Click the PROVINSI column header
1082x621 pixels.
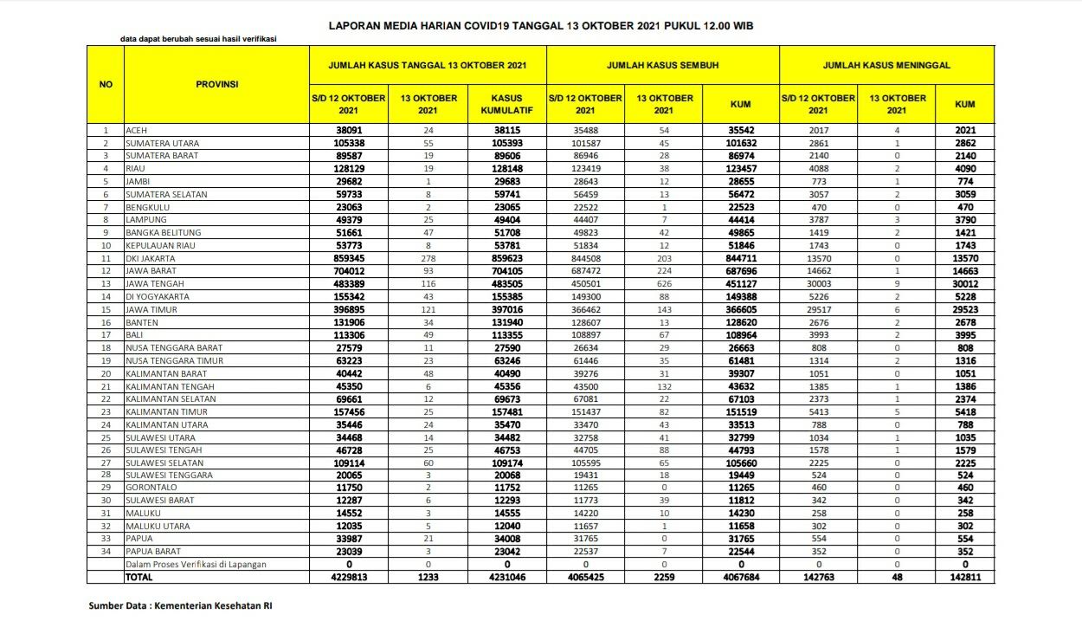pyautogui.click(x=216, y=84)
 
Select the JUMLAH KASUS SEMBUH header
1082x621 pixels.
pyautogui.click(x=662, y=65)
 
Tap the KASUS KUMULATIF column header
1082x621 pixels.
pyautogui.click(x=506, y=105)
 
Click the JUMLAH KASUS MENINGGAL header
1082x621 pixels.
pyautogui.click(x=886, y=65)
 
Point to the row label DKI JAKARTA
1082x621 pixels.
pyautogui.click(x=151, y=258)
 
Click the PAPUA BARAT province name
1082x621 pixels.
pyautogui.click(x=154, y=551)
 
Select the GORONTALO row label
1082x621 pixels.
pyautogui.click(x=151, y=488)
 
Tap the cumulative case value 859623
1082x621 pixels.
pyautogui.click(x=506, y=258)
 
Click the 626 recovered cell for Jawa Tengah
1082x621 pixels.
pyautogui.click(x=664, y=284)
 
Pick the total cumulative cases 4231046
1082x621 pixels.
pyautogui.click(x=506, y=576)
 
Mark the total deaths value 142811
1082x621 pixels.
pyautogui.click(x=965, y=576)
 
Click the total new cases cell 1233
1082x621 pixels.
pyautogui.click(x=428, y=576)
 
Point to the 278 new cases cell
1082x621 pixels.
pyautogui.click(x=428, y=258)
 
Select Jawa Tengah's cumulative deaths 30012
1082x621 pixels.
pyautogui.click(x=965, y=284)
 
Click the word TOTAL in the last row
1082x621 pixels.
pyautogui.click(x=139, y=576)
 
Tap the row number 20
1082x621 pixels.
pyautogui.click(x=106, y=373)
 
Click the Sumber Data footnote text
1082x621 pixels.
pyautogui.click(x=186, y=605)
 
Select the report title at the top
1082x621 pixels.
pyautogui.click(x=541, y=26)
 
